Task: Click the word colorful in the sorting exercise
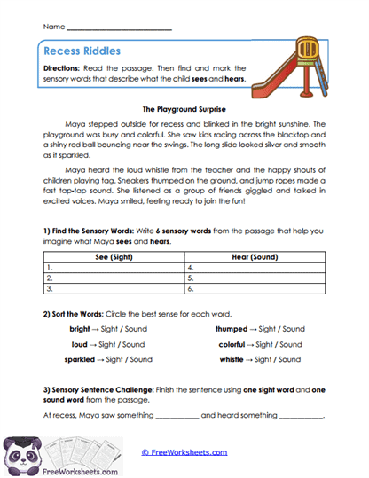click(234, 343)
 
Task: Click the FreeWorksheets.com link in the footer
click(184, 452)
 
